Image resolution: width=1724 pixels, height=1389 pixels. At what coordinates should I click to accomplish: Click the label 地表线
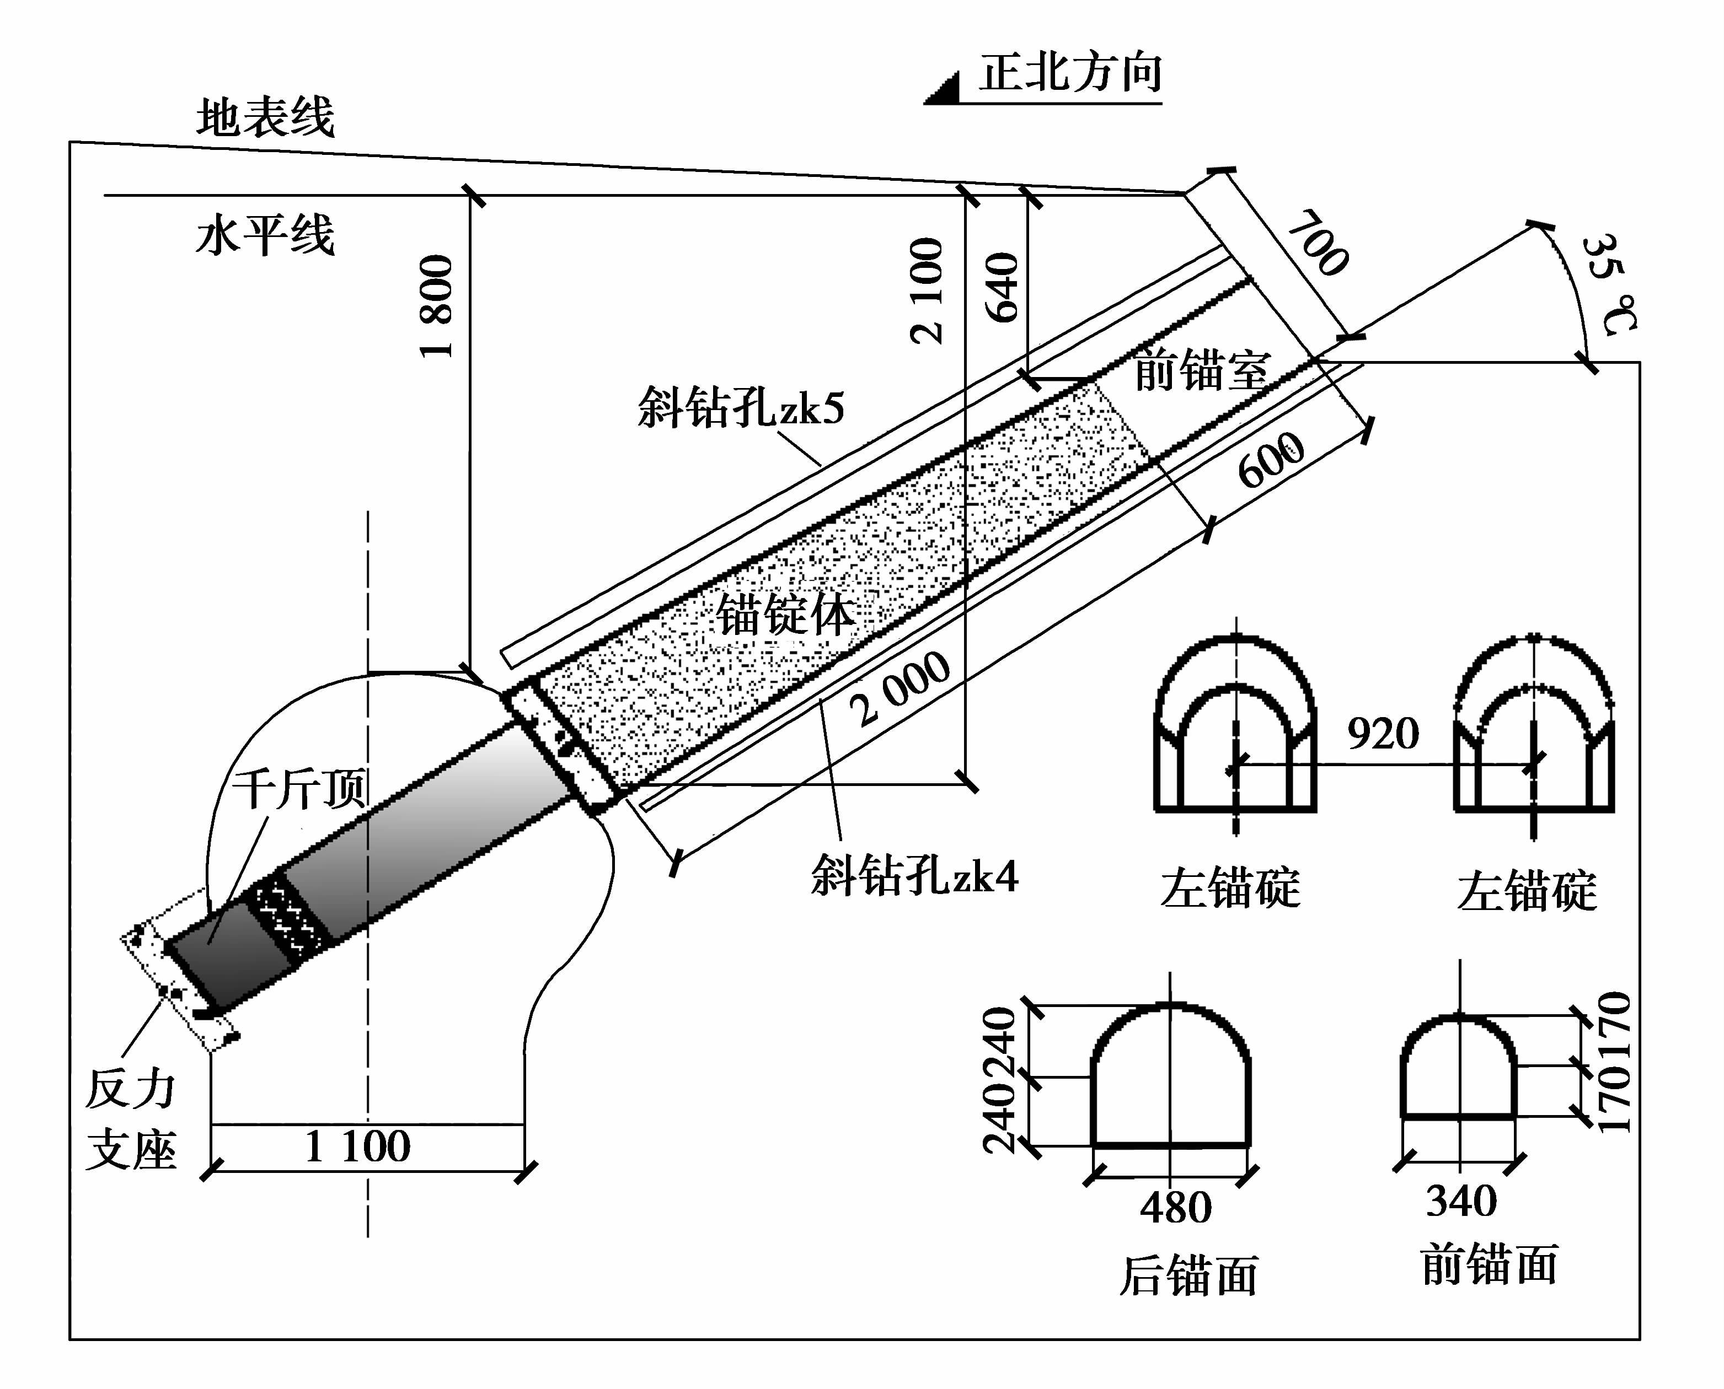pos(265,117)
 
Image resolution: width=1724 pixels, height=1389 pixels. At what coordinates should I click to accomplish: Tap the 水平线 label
pos(265,235)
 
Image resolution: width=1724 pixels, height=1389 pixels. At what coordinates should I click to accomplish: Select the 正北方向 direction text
pos(1070,74)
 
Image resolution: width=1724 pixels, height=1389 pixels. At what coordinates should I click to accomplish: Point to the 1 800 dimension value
pos(437,306)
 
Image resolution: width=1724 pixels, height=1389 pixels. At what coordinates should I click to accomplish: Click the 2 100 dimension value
pos(927,291)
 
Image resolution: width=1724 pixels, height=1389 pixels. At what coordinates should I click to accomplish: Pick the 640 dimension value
pos(1002,287)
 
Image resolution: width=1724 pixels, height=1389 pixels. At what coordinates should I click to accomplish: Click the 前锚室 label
pos(1201,370)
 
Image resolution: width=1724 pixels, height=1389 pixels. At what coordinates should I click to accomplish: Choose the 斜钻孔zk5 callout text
pos(740,408)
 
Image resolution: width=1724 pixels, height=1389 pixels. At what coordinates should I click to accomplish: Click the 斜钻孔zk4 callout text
pos(914,875)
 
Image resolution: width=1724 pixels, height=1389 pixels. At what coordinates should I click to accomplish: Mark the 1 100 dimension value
pos(358,1146)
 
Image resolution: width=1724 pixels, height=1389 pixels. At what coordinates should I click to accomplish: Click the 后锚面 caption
pos(1188,1275)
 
